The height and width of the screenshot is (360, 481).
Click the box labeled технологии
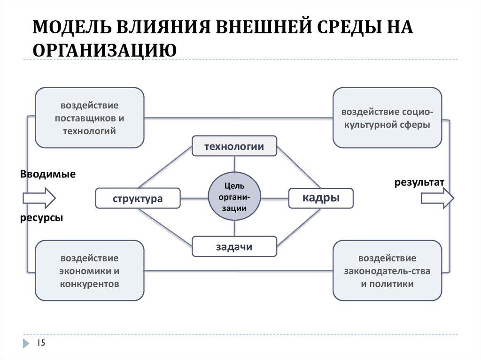pyautogui.click(x=234, y=146)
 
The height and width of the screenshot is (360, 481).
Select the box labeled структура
pyautogui.click(x=138, y=198)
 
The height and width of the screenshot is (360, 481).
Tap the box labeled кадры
pyautogui.click(x=321, y=198)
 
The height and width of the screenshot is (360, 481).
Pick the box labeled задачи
pyautogui.click(x=234, y=247)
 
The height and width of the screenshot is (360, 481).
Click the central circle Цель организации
pyautogui.click(x=234, y=196)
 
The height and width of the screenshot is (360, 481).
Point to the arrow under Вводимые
pyautogui.click(x=40, y=198)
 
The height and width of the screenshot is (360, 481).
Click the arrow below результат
pyautogui.click(x=437, y=199)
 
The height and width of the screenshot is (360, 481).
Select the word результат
pyautogui.click(x=419, y=182)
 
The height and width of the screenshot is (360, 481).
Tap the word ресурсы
pyautogui.click(x=41, y=219)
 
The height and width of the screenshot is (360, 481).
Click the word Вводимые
pyautogui.click(x=47, y=174)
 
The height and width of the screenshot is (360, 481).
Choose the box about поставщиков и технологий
pyautogui.click(x=89, y=117)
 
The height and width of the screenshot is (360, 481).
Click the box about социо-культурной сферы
pyautogui.click(x=387, y=118)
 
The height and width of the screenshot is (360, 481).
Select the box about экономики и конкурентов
pyautogui.click(x=89, y=270)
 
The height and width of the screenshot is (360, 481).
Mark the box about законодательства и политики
pyautogui.click(x=387, y=270)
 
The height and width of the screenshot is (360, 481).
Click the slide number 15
pyautogui.click(x=41, y=344)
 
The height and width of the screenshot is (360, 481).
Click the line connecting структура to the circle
pyautogui.click(x=194, y=198)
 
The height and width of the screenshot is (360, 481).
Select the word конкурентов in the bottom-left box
pyautogui.click(x=89, y=284)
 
